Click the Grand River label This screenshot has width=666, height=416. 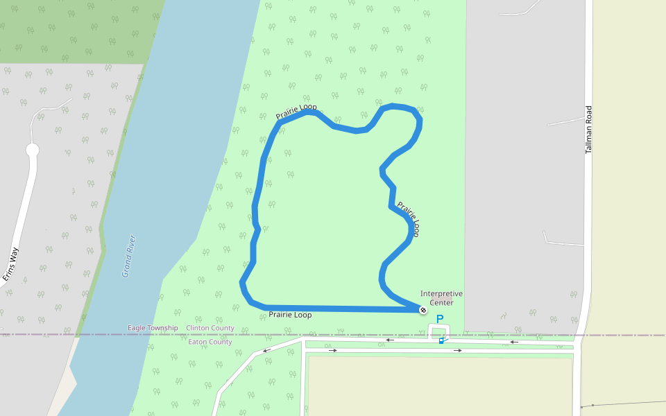point(128,256)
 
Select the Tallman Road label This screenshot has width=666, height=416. point(588,130)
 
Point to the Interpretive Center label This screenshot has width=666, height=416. point(441,298)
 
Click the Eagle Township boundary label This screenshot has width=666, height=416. point(153,328)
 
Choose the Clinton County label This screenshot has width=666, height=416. point(210,328)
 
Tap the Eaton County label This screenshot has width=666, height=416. point(210,342)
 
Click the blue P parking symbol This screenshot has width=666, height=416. point(439,320)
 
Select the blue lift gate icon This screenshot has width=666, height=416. point(441,340)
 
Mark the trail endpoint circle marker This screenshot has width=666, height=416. point(422,310)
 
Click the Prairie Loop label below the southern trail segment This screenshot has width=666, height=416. point(290,315)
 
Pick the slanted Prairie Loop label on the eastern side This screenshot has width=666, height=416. point(409,218)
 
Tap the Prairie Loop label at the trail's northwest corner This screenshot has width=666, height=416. point(296,111)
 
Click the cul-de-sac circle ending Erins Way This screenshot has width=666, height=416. point(32,150)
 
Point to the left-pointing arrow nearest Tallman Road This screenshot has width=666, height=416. point(513,341)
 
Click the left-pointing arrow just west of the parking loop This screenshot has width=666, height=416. point(390,340)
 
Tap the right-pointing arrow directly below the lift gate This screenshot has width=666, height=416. point(457,350)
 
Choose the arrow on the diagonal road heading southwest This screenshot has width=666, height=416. point(266,350)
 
